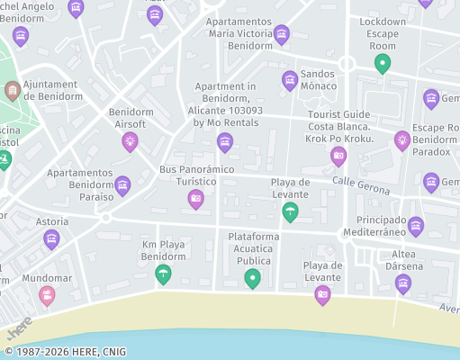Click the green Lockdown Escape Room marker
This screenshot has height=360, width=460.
coord(382,63)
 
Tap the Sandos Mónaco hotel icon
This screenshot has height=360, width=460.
coord(290,80)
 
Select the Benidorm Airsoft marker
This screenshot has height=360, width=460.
coord(131,141)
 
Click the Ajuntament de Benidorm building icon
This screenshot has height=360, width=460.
coord(13,90)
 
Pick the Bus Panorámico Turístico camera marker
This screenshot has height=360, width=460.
coord(195,199)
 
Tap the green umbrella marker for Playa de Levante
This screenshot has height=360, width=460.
coord(290,211)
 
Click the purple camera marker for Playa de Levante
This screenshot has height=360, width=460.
coord(322,294)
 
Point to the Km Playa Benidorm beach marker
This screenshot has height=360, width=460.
coord(163,274)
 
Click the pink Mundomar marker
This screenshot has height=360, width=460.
coord(47,294)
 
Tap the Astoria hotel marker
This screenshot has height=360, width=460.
coord(51,238)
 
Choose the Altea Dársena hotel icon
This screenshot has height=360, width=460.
coord(403,283)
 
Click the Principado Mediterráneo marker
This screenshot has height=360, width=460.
coord(415,226)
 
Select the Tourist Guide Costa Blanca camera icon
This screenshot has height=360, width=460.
coord(338,156)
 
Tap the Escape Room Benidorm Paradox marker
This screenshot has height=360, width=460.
coord(402,139)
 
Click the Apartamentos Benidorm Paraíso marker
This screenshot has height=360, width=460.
coord(122,185)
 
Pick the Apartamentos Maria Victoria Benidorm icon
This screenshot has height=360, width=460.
coord(283,35)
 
